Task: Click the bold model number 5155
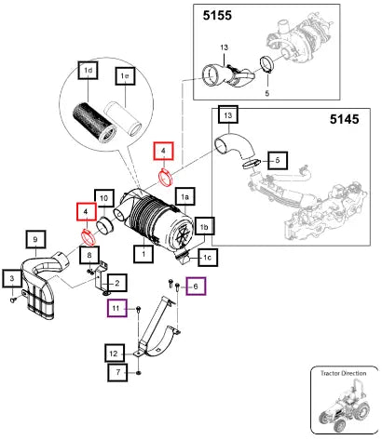(x=217, y=15)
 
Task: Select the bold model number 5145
(x=344, y=119)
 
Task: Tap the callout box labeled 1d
(x=89, y=71)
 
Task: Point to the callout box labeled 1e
(x=125, y=75)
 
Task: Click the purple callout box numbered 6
(x=196, y=287)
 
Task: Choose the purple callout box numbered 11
(x=116, y=308)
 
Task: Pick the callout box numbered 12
(x=115, y=353)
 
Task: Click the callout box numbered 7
(x=117, y=372)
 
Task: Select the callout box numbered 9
(x=35, y=240)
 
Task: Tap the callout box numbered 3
(x=12, y=278)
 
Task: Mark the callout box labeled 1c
(x=208, y=258)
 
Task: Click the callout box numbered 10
(x=104, y=198)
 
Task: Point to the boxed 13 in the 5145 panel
(x=228, y=115)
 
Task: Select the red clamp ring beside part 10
(x=89, y=237)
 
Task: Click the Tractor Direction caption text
(x=343, y=373)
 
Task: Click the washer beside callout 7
(x=139, y=372)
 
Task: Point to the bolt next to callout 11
(x=139, y=309)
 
